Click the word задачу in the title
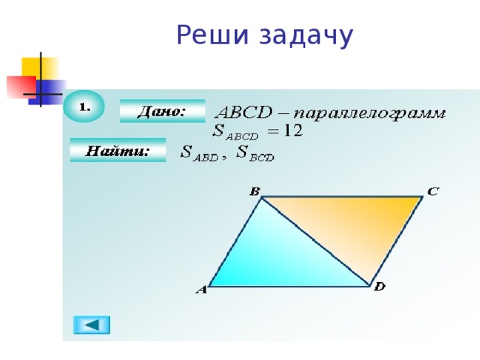click(307, 35)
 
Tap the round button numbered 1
click(84, 106)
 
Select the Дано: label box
click(161, 111)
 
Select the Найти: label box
click(117, 151)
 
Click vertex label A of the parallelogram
click(201, 290)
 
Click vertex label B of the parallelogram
click(254, 192)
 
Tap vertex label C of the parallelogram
click(433, 191)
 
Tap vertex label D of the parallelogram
click(379, 287)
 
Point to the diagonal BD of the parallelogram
click(315, 240)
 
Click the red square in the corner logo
click(19, 86)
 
